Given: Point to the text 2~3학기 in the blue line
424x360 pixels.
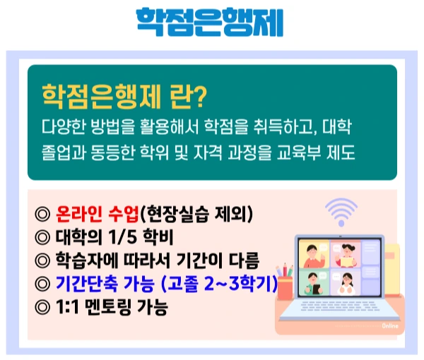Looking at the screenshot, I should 235,285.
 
